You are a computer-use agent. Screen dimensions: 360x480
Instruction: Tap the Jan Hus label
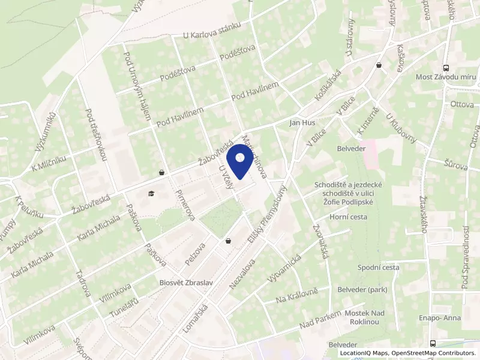tap(302, 123)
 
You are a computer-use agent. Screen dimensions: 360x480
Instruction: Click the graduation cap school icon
tap(150, 194)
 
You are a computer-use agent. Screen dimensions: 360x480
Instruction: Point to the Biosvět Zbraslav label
tap(182, 281)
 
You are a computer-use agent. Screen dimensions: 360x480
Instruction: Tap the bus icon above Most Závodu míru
tap(445, 68)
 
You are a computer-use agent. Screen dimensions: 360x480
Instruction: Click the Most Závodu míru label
tap(445, 77)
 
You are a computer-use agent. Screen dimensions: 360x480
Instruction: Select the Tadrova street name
tap(83, 283)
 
